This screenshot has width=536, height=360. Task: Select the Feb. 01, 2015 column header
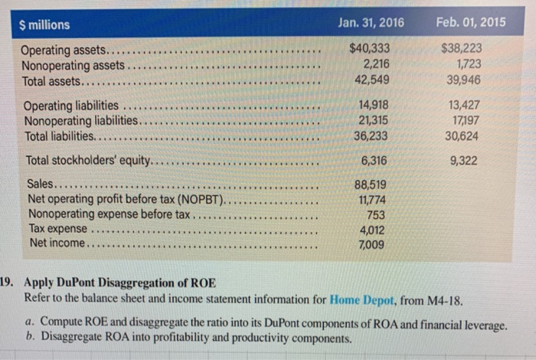tap(470, 21)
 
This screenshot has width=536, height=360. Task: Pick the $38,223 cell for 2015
tap(462, 49)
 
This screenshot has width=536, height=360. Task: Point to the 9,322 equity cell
tap(466, 160)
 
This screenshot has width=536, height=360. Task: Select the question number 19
tap(8, 282)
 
